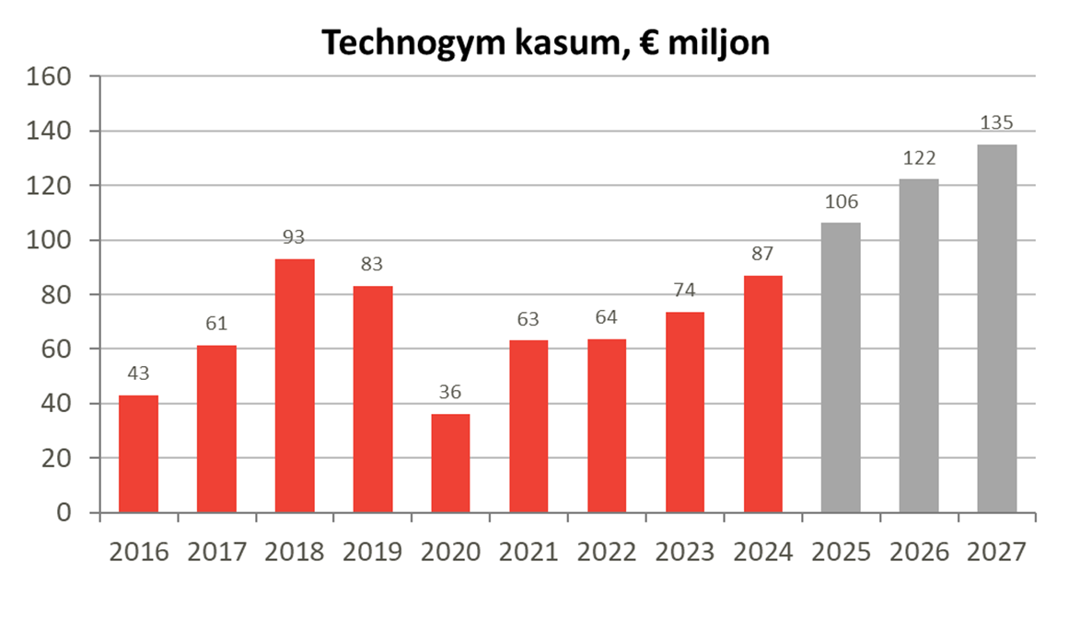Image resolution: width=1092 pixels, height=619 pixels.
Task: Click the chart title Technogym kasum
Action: [544, 41]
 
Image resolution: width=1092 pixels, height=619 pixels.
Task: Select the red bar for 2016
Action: [138, 453]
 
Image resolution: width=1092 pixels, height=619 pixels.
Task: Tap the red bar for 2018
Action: [295, 385]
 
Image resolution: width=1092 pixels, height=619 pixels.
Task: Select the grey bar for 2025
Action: [841, 367]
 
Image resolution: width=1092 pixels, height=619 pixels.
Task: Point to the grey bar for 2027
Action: [997, 328]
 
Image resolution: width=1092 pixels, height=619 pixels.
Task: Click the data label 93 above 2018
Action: [294, 238]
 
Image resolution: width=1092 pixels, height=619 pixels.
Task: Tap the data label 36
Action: [450, 393]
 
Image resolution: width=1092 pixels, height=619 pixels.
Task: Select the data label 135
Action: [997, 123]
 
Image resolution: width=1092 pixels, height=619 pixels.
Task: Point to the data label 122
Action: [919, 158]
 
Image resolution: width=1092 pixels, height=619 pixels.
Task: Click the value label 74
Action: [684, 291]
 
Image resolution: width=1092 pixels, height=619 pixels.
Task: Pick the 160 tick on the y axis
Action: [52, 76]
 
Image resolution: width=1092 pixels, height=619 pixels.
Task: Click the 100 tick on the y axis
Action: [52, 240]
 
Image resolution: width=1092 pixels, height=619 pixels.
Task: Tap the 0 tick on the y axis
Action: [64, 512]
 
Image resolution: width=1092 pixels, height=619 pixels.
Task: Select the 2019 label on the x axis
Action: [373, 552]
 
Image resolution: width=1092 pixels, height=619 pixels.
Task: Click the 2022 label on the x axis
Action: [607, 552]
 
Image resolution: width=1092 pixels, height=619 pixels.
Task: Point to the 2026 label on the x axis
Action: [919, 552]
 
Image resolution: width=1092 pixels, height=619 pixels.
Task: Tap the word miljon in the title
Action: [715, 42]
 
